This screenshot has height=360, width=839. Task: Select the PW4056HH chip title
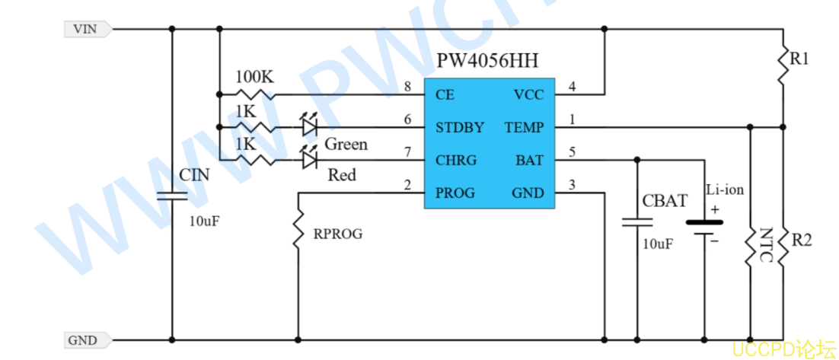(x=487, y=61)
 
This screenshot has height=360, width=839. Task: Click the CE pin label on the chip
(x=445, y=95)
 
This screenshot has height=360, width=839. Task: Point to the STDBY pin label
(x=460, y=127)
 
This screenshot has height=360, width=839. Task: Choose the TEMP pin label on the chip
(x=525, y=127)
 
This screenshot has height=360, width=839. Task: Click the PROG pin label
(x=455, y=193)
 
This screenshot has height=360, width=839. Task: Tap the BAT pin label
(x=530, y=160)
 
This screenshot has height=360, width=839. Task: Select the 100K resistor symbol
(x=256, y=94)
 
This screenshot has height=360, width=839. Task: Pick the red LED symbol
(x=309, y=158)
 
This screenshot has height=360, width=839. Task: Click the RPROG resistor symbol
(x=298, y=229)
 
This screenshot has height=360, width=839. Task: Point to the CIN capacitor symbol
(x=172, y=196)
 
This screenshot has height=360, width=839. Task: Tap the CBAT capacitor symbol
(x=637, y=222)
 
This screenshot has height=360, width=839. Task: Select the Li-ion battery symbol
(x=704, y=228)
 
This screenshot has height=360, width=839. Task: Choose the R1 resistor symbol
(x=783, y=65)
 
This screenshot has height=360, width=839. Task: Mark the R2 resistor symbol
(x=783, y=246)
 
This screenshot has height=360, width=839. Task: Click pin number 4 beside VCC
(x=572, y=86)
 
